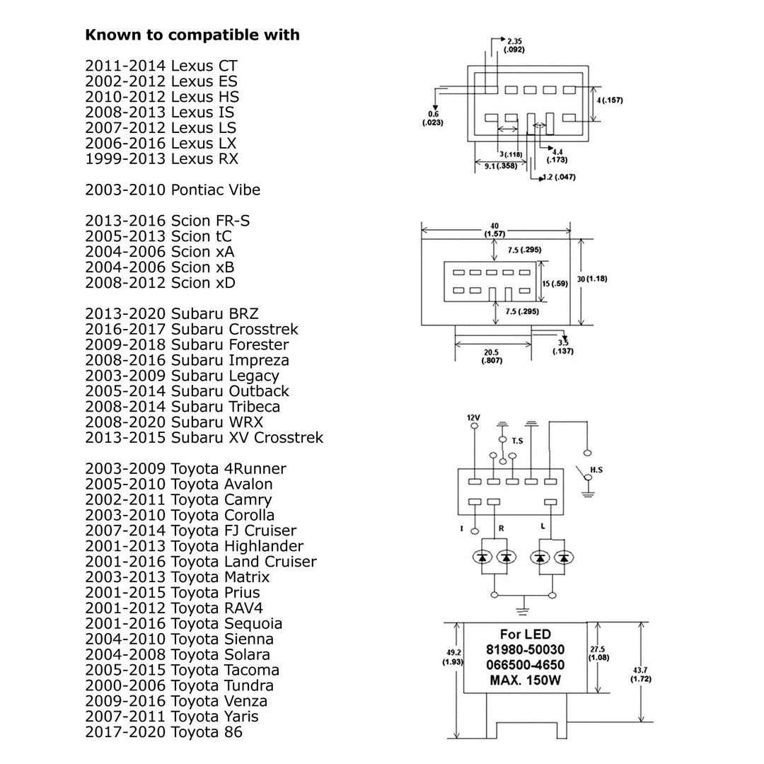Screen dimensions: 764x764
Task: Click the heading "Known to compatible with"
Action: point(192,35)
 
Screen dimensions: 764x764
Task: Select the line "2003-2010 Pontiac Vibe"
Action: point(173,190)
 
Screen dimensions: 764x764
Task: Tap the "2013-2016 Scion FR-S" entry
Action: point(168,221)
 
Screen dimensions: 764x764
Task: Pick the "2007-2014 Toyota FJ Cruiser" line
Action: point(191,531)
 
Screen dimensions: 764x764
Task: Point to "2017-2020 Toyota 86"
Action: point(163,732)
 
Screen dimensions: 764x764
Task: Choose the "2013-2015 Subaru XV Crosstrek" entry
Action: point(204,437)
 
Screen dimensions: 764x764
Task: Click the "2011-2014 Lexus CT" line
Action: point(161,66)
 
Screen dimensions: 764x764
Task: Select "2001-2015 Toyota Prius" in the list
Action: point(173,593)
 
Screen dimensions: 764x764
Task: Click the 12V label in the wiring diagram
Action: point(473,418)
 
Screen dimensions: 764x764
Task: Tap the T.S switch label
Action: point(518,441)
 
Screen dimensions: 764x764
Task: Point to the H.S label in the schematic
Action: point(596,470)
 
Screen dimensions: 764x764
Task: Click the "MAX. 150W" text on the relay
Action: point(525,681)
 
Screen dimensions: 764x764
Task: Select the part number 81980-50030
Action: point(525,649)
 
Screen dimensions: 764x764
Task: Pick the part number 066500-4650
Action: point(525,665)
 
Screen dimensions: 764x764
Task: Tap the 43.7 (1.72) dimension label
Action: point(640,674)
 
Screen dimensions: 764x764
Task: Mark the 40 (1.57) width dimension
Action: point(494,230)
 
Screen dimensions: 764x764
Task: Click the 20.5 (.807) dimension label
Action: point(493,357)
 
